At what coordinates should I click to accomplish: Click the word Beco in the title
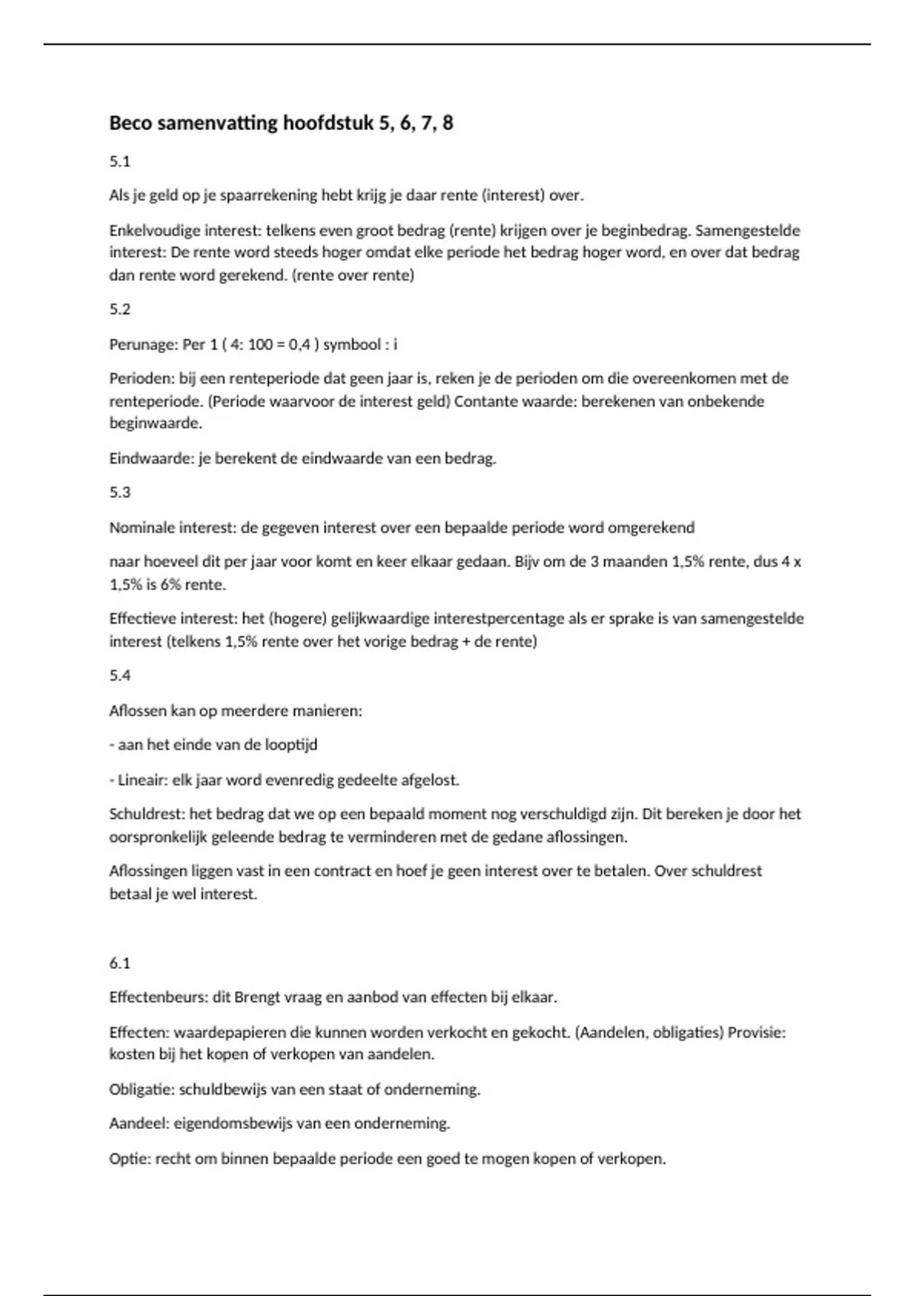click(x=130, y=123)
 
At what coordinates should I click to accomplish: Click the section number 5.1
click(x=120, y=161)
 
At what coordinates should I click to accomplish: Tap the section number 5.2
click(x=120, y=309)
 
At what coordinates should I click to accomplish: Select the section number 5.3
click(x=120, y=492)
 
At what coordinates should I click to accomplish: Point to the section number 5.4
click(x=120, y=675)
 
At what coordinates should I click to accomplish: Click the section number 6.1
click(x=120, y=963)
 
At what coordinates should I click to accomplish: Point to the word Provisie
click(x=754, y=1032)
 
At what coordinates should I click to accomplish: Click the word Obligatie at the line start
click(x=141, y=1089)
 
